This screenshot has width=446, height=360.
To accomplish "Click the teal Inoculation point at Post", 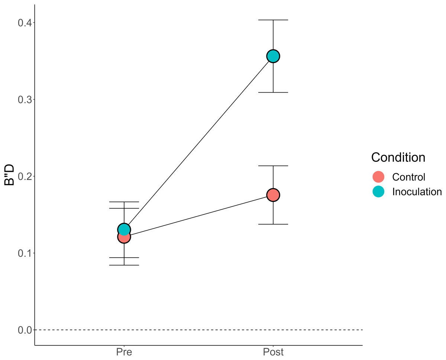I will pyautogui.click(x=273, y=56).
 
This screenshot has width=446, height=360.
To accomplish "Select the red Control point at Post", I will pyautogui.click(x=273, y=195).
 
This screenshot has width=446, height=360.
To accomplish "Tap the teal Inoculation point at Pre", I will pyautogui.click(x=124, y=229).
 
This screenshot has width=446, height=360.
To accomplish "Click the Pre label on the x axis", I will pyautogui.click(x=124, y=352).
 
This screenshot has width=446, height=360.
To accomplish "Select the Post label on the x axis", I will pyautogui.click(x=273, y=352).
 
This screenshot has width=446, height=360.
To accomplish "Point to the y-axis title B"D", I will pyautogui.click(x=9, y=176).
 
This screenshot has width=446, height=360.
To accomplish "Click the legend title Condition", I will pyautogui.click(x=398, y=158).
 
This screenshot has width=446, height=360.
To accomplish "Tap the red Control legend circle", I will pyautogui.click(x=378, y=177).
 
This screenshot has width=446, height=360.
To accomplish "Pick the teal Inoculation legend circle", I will pyautogui.click(x=378, y=192).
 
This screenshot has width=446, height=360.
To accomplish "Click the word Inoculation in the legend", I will pyautogui.click(x=417, y=192).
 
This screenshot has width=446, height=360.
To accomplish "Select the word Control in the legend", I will pyautogui.click(x=408, y=177).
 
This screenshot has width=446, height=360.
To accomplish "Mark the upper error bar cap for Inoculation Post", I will pyautogui.click(x=273, y=20).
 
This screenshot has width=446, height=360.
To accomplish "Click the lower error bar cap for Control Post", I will pyautogui.click(x=273, y=224).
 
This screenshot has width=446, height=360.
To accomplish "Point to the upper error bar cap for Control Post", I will pyautogui.click(x=273, y=166).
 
